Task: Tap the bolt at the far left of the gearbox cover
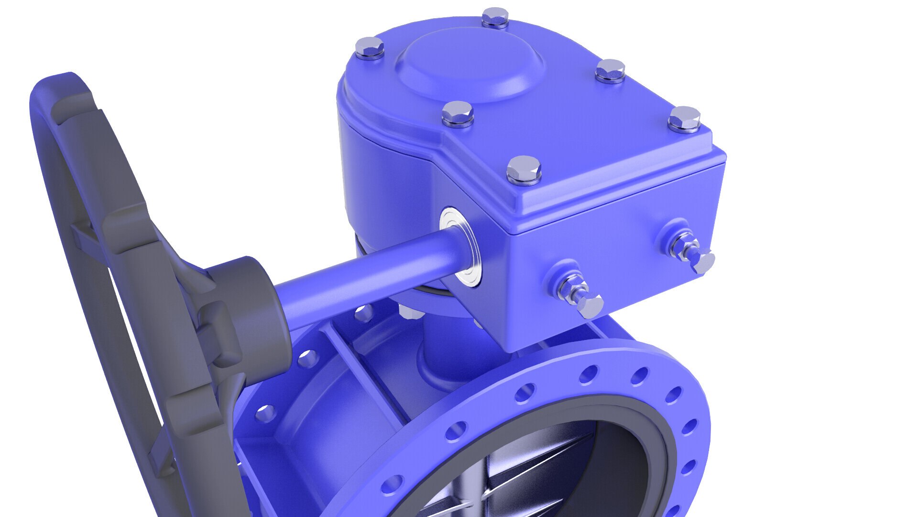[x=370, y=48]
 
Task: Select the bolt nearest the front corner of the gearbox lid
[x=524, y=170]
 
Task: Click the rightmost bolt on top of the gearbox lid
[x=684, y=119]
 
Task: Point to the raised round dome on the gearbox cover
[x=471, y=62]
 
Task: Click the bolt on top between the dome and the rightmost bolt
[x=611, y=71]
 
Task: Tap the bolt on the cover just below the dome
[x=458, y=114]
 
